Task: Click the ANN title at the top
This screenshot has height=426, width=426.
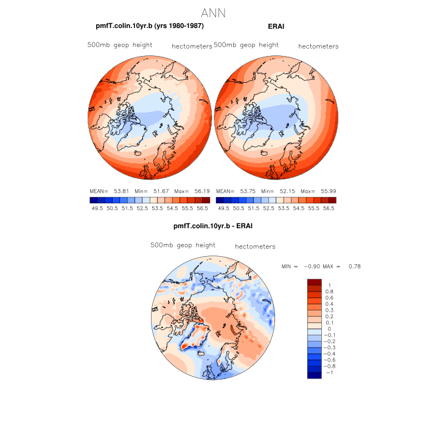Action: click(x=212, y=12)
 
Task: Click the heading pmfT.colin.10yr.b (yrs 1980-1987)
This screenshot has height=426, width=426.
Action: click(x=150, y=26)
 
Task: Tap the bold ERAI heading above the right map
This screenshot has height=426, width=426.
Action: click(x=276, y=26)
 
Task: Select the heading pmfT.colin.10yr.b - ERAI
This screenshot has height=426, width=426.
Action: click(x=213, y=226)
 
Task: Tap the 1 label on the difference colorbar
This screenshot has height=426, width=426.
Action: click(x=329, y=285)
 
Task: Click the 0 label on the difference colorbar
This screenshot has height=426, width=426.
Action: click(x=329, y=329)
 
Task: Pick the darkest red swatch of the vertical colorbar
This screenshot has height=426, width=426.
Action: click(x=314, y=282)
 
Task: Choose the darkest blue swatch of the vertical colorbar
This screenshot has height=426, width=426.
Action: click(x=314, y=375)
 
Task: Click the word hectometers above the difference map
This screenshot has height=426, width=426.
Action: click(x=255, y=246)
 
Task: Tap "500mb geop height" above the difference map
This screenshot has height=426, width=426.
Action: click(x=183, y=245)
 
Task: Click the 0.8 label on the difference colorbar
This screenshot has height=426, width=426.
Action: click(x=329, y=292)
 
